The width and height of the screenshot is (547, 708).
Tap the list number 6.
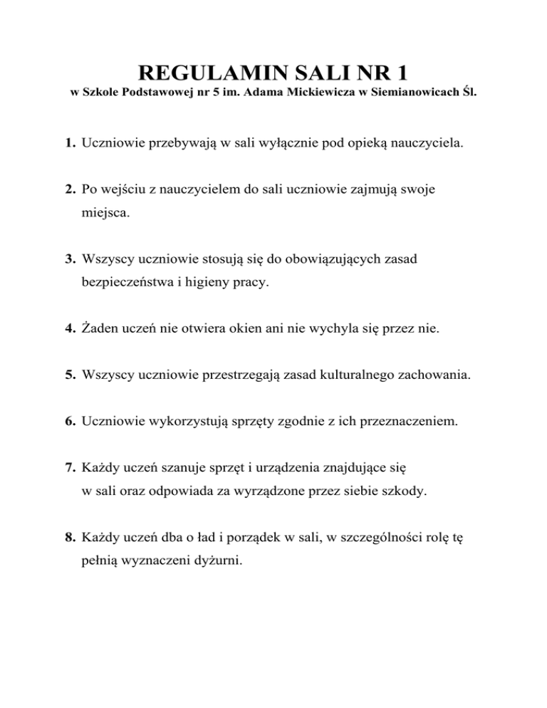pyautogui.click(x=68, y=422)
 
